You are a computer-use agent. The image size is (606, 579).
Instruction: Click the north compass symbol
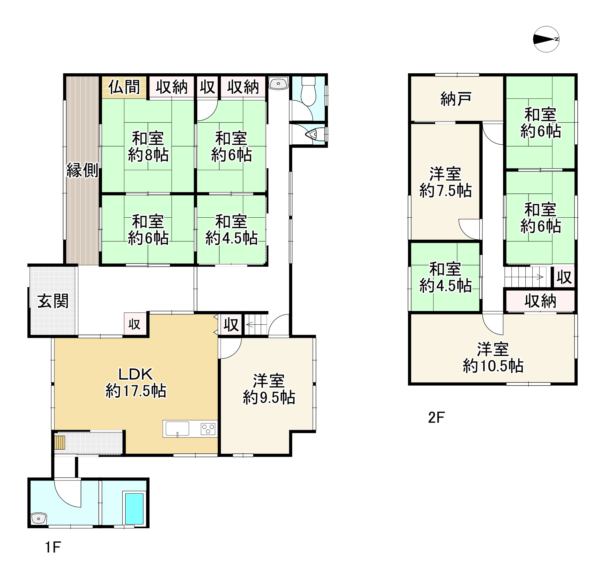546,39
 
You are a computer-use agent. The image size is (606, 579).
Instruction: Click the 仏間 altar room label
124,87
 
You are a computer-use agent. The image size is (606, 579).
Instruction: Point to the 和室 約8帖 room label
148,147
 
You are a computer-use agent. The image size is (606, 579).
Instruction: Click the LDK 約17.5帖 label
136,382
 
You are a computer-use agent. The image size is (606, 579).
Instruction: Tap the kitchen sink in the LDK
176,429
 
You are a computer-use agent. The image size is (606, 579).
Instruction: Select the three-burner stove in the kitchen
208,429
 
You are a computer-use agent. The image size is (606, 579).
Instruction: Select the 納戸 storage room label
456,99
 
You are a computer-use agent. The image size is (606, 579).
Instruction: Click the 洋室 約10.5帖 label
493,358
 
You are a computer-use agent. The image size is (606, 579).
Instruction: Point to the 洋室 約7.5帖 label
445,183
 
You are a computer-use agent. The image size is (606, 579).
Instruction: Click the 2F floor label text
436,417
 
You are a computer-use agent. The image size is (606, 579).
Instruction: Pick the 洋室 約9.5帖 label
269,389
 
